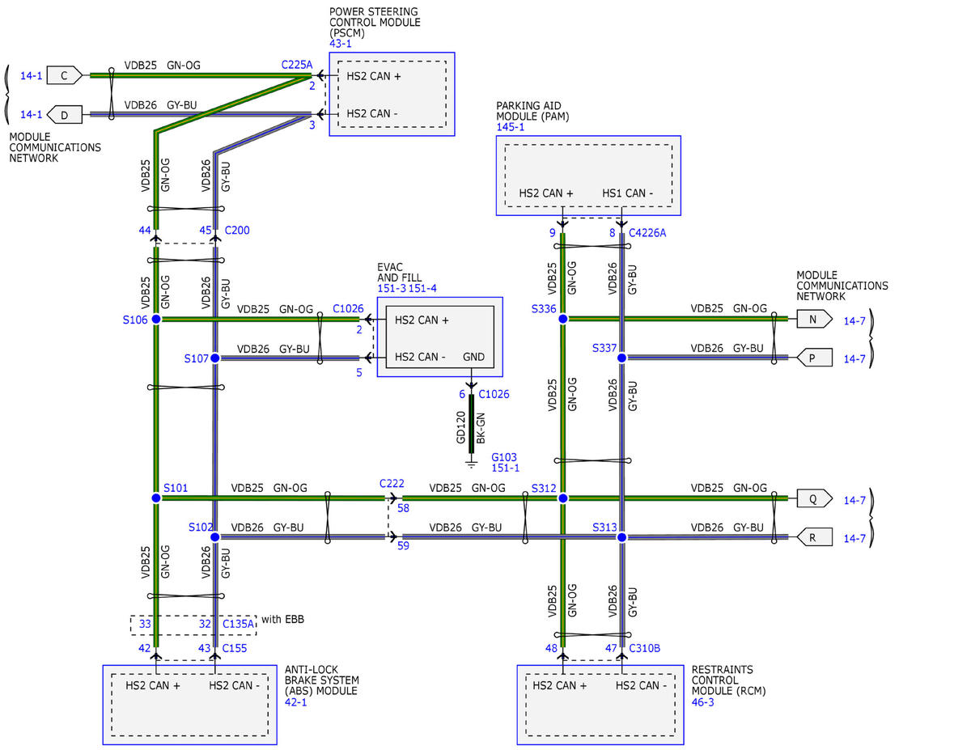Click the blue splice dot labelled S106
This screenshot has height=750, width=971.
(156, 319)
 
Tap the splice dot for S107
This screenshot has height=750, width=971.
(215, 358)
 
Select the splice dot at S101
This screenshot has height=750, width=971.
(156, 498)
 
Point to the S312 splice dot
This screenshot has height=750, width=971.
(563, 498)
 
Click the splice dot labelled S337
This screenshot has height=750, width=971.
(621, 358)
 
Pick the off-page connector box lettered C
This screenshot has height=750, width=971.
(65, 75)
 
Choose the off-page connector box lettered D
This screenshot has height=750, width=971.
(65, 114)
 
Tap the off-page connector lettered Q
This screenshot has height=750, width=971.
(814, 498)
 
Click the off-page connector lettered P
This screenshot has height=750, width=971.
(814, 358)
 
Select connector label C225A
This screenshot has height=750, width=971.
(297, 65)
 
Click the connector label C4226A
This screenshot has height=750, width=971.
(647, 233)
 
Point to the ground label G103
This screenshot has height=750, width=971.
(503, 457)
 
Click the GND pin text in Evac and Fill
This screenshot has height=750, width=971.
(473, 357)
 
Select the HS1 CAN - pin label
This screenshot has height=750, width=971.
(627, 193)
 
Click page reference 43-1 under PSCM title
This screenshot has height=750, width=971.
(341, 44)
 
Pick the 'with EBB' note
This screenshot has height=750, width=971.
(282, 619)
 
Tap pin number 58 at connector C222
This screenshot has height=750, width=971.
(403, 508)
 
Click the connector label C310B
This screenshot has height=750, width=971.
(644, 648)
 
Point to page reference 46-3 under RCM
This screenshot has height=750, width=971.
(702, 702)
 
